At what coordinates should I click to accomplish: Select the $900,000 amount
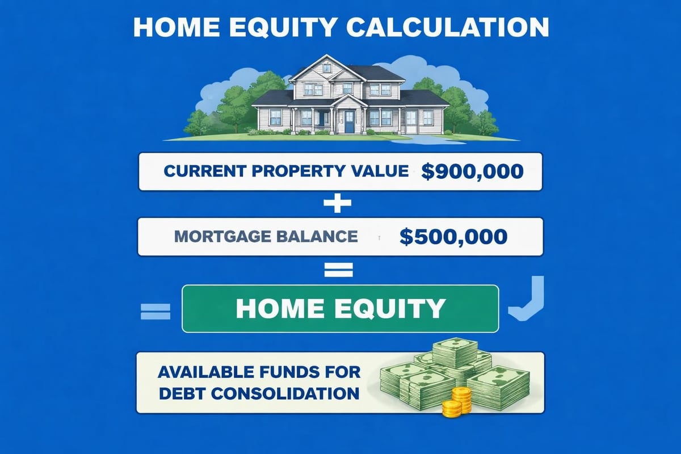pyautogui.click(x=472, y=171)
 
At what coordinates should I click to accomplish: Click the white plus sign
pyautogui.click(x=338, y=204)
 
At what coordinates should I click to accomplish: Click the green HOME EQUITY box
pyautogui.click(x=340, y=308)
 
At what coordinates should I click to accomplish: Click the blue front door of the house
pyautogui.click(x=350, y=121)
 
